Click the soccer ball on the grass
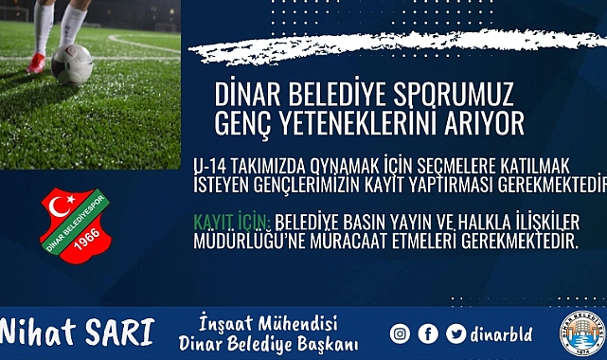[x=72, y=65]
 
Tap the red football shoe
[x=37, y=63]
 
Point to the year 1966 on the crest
[x=91, y=243]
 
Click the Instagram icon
[x=400, y=333]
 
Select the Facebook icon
[x=428, y=333]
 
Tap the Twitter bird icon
[x=456, y=333]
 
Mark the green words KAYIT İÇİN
[x=232, y=222]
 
